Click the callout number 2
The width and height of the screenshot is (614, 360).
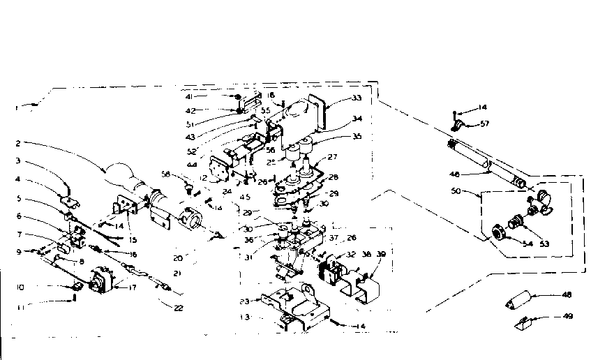(x=17, y=144)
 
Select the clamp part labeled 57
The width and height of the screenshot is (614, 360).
(x=459, y=126)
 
